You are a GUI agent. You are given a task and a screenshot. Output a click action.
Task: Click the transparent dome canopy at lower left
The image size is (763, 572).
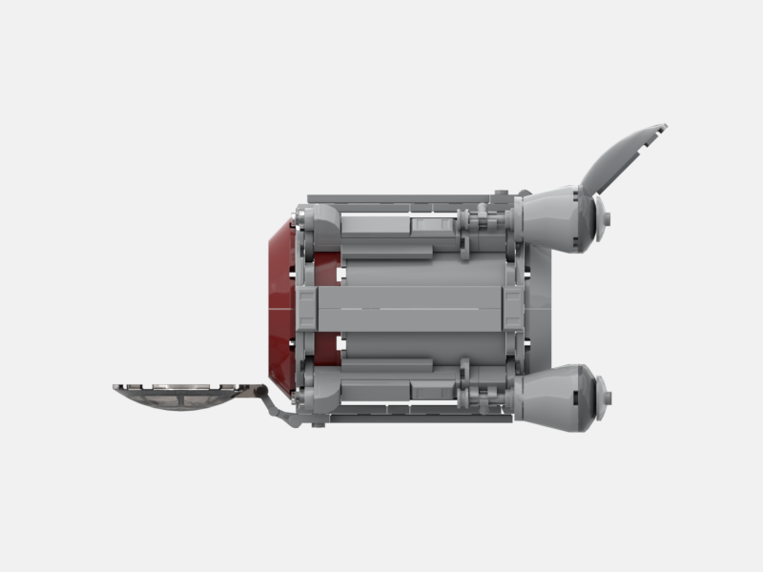coord(181,396)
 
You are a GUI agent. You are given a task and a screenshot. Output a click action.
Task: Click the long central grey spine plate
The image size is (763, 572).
coord(410,309)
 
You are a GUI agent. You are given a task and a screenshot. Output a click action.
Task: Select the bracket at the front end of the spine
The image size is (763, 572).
coord(307,309)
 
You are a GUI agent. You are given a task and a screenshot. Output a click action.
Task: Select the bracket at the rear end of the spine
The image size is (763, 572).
coord(513,309)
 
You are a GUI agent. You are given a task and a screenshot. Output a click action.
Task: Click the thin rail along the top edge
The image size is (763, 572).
coord(401,200)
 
